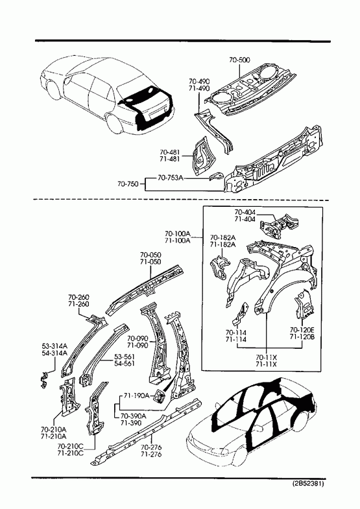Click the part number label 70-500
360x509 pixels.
tap(239, 60)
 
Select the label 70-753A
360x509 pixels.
tap(171, 178)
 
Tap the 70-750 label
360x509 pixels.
tap(128, 184)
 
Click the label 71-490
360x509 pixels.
tap(199, 88)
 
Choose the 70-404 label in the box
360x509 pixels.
tap(245, 212)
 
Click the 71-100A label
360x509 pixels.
tap(178, 240)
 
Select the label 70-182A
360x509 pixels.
tap(222, 237)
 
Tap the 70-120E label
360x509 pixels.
tap(302, 330)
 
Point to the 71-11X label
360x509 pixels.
tap(266, 364)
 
